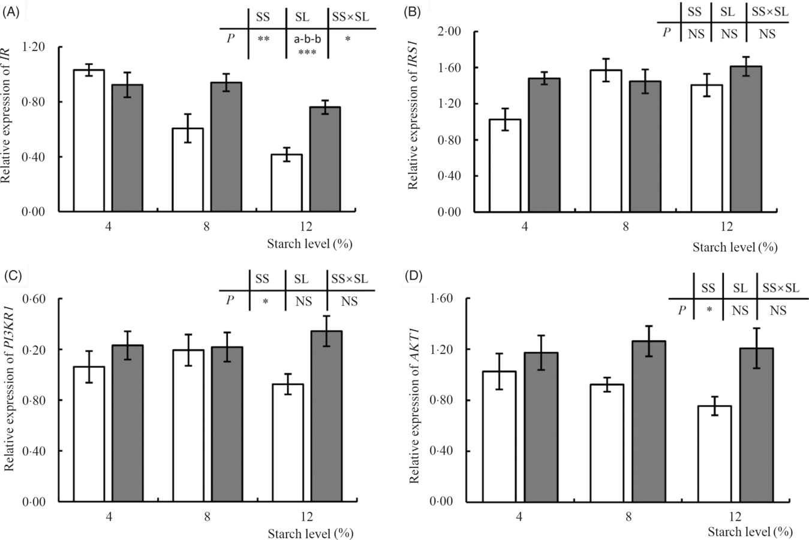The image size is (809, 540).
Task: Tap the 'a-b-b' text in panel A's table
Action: coord(307,40)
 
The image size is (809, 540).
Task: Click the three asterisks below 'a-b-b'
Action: coord(307,53)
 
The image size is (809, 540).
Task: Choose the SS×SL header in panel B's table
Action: coord(766,12)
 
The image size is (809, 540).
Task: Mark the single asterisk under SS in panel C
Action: coord(265,301)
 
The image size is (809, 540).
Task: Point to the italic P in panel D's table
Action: coord(681,310)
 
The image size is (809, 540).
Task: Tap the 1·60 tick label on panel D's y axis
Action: coord(442,299)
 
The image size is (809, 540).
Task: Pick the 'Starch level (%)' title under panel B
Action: coord(735,247)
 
